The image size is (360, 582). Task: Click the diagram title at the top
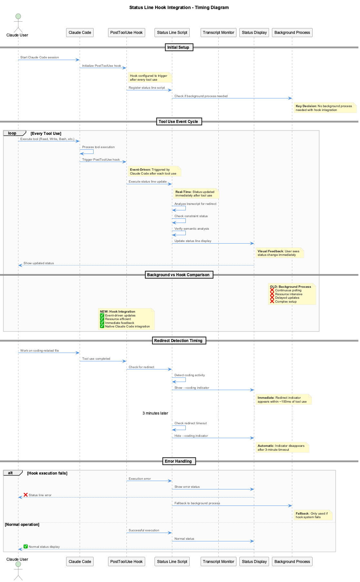179,7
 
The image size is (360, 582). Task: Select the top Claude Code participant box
80,33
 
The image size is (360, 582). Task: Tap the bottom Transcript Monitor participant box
218,561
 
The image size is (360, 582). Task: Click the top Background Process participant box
292,33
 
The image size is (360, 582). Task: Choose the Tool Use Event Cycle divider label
178,122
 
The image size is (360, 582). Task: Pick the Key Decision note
325,108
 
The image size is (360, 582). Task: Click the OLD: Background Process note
292,294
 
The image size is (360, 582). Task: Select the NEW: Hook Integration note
126,319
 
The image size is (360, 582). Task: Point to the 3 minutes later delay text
155,413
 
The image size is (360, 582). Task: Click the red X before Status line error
25,495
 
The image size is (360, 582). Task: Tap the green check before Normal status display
25,547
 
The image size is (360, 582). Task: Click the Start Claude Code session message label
40,57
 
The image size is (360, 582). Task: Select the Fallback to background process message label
197,503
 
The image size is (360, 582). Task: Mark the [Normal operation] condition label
22,525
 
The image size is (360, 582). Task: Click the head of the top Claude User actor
18,16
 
